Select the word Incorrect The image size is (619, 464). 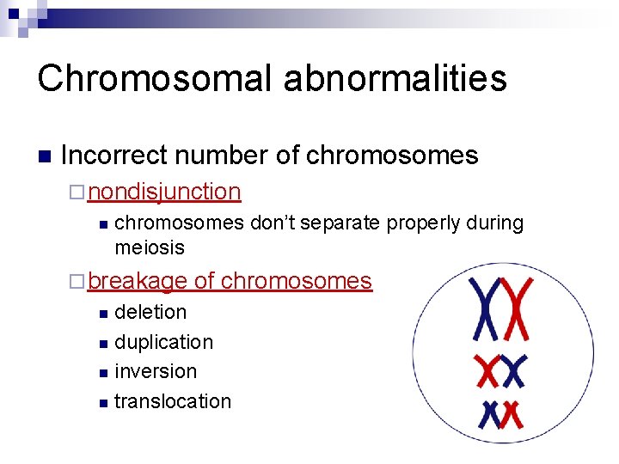tap(111, 156)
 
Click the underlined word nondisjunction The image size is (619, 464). tap(164, 192)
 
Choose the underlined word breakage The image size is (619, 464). tap(137, 281)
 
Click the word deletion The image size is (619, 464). tap(150, 312)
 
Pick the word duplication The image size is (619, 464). tap(163, 342)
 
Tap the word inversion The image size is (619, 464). tap(156, 371)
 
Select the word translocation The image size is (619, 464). tap(173, 401)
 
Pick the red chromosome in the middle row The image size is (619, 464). tap(488, 372)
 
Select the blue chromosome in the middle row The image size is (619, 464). tap(513, 372)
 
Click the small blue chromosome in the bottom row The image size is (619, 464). tap(492, 414)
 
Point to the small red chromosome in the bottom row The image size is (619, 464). tap(512, 414)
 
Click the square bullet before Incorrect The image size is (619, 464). tap(45, 157)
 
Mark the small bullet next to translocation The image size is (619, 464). tap(103, 403)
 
